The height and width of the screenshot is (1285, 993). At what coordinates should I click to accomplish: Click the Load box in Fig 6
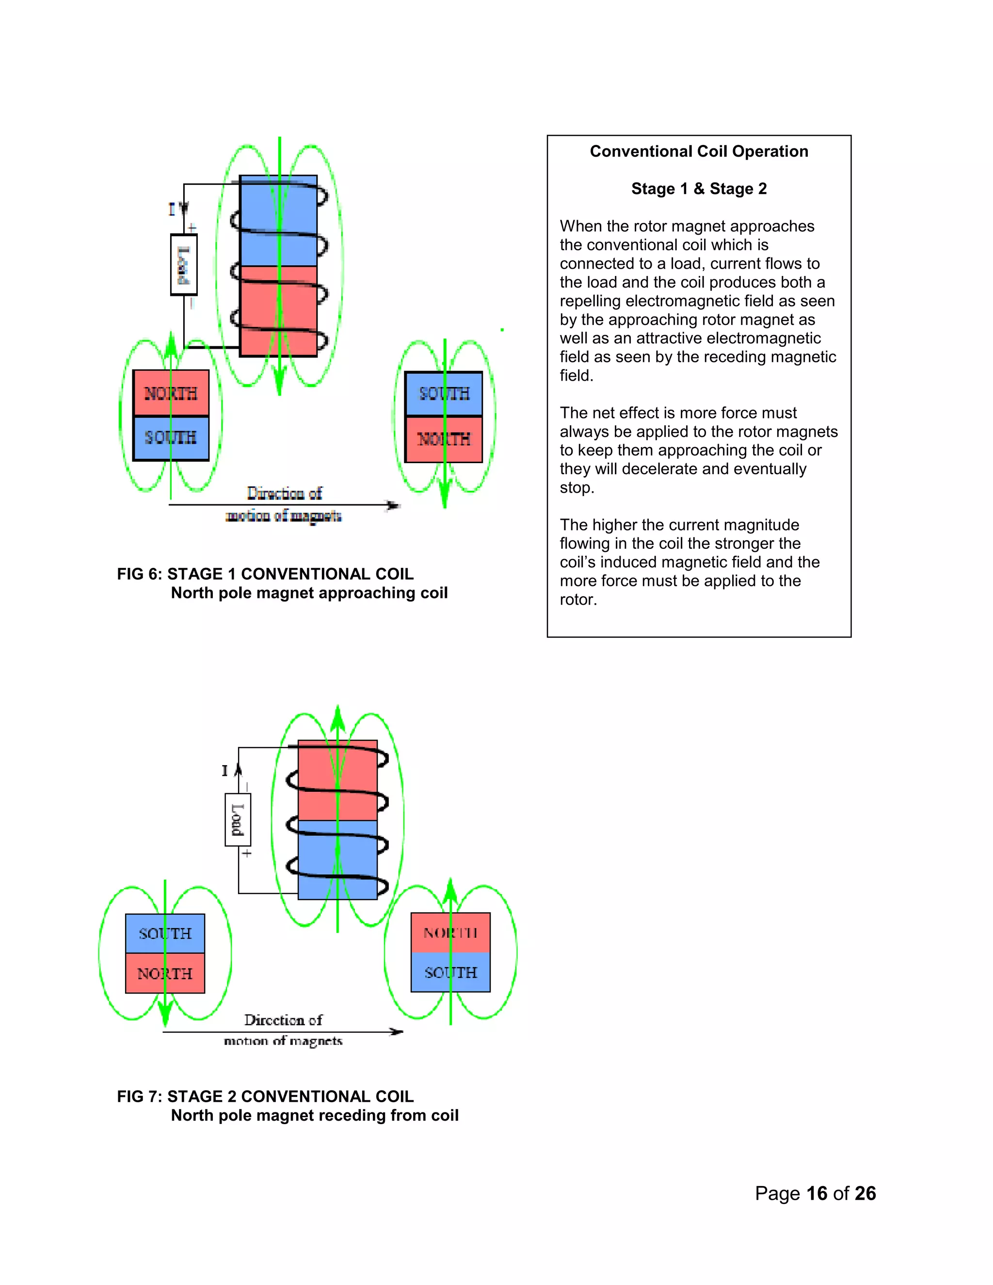click(184, 264)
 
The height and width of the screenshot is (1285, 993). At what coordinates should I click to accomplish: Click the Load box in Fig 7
click(238, 819)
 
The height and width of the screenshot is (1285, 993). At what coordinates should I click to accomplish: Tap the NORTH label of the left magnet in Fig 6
click(171, 393)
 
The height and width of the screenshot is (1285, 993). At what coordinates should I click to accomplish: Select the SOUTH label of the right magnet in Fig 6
click(444, 394)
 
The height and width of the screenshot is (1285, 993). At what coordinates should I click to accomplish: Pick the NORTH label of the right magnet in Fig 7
click(450, 932)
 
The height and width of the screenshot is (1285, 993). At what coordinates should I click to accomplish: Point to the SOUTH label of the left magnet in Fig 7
click(165, 934)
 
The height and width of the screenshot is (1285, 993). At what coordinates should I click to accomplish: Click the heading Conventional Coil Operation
click(699, 151)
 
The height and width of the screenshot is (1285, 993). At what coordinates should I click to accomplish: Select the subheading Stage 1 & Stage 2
click(699, 189)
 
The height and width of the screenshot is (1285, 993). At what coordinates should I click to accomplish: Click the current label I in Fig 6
click(172, 209)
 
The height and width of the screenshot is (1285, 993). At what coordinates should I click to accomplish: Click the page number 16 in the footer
click(817, 1193)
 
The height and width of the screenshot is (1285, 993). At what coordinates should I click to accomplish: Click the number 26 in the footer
click(865, 1193)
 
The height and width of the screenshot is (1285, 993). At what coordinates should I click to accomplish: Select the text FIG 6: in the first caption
click(140, 574)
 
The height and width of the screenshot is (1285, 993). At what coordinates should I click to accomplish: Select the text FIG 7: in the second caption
click(140, 1096)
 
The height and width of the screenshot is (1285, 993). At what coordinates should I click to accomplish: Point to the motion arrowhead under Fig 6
click(393, 505)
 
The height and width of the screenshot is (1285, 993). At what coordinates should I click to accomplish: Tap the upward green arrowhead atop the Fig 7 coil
click(337, 717)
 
